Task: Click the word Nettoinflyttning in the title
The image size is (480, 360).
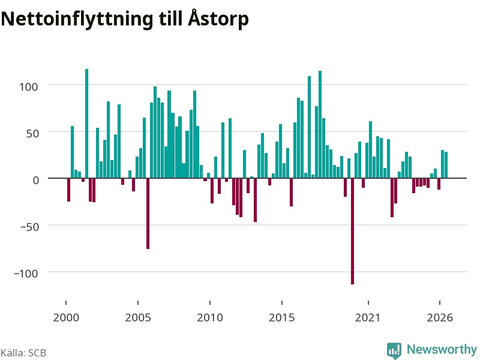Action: coord(77,19)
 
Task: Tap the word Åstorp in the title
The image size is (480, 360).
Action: coord(218,19)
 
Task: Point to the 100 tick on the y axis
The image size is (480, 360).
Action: coord(29,86)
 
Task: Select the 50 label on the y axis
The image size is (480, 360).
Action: coord(32,133)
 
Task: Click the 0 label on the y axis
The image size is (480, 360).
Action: coord(36,181)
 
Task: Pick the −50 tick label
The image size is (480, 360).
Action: coord(29,227)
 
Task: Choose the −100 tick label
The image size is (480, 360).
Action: coord(26,274)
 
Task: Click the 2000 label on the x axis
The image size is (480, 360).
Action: coord(66,317)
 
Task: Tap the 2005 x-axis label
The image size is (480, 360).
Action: coord(138,317)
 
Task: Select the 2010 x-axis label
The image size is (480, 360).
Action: coord(210,317)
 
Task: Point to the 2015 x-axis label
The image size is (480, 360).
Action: coord(282,317)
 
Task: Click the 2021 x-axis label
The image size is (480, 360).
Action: coord(368,317)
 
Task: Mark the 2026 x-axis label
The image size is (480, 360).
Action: coord(440,317)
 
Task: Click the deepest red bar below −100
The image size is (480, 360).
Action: coord(352,231)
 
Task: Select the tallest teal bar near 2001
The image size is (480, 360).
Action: coord(86,124)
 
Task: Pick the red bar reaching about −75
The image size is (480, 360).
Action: coord(148,214)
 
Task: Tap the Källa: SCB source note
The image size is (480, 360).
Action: coord(23,353)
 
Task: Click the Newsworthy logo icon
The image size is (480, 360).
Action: coord(394,350)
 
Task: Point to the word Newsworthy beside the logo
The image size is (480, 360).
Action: coord(442,349)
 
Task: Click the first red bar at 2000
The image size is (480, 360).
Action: coord(68,190)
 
